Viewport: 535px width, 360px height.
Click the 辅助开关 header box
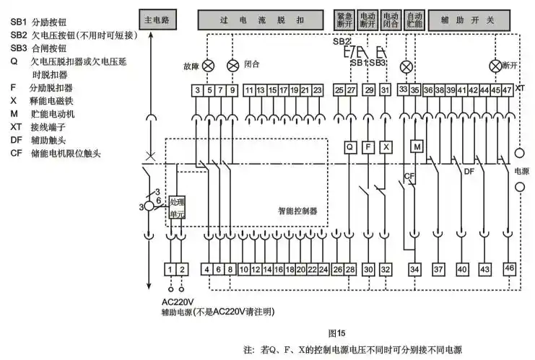click(469, 20)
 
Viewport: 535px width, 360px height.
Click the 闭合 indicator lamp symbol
click(232, 66)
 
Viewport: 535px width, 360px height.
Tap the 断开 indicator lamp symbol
click(495, 66)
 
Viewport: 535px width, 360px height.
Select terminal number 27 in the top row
click(351, 90)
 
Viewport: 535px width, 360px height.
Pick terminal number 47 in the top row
click(508, 90)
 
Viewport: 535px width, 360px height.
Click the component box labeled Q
click(350, 146)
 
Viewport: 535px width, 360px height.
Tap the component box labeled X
click(386, 146)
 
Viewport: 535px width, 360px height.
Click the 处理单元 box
click(178, 208)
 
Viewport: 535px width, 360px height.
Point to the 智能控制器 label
click(297, 211)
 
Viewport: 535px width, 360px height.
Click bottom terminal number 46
click(510, 268)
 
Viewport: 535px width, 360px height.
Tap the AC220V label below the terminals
click(178, 302)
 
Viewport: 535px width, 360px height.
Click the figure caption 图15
click(337, 333)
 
